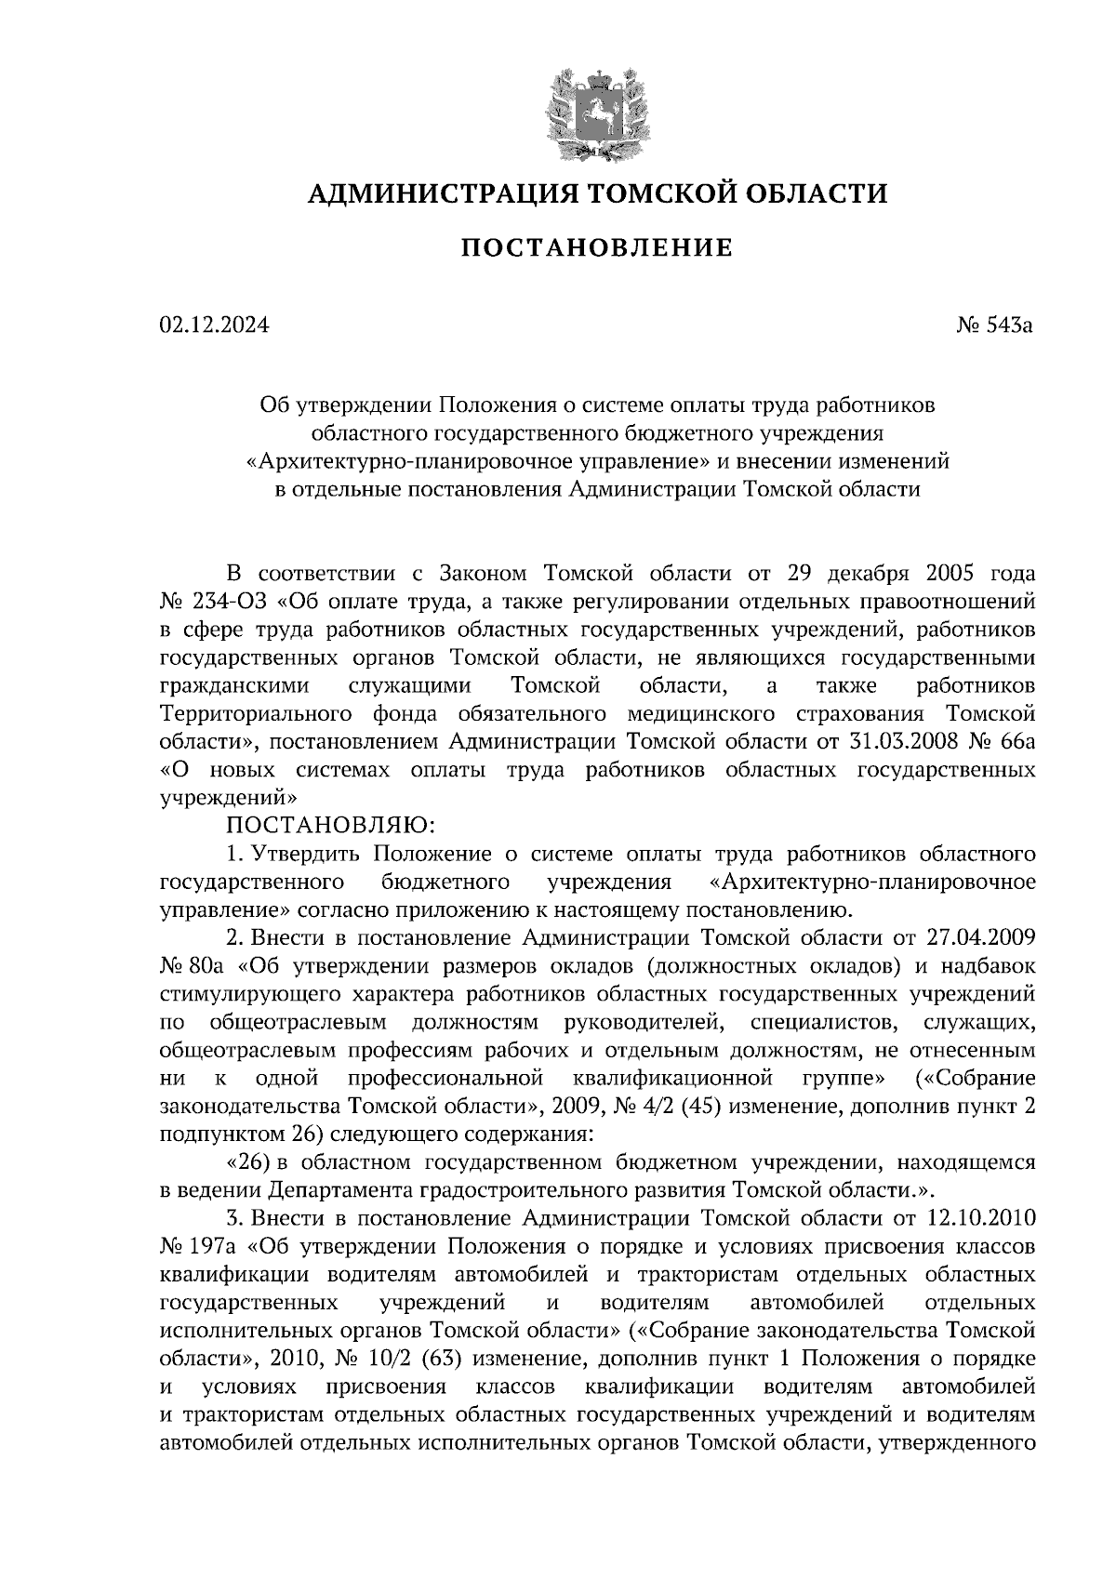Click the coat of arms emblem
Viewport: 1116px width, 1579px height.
pyautogui.click(x=596, y=109)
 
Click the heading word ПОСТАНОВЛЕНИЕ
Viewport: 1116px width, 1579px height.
pyautogui.click(x=597, y=248)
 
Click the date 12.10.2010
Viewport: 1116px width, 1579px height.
pyautogui.click(x=981, y=1217)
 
